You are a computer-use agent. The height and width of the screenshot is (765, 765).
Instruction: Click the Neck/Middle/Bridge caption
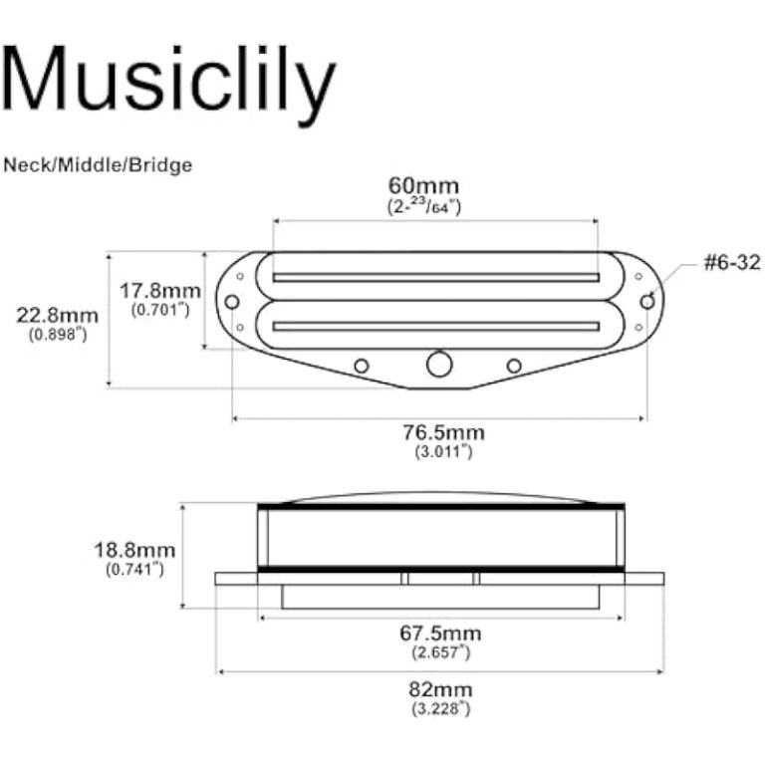pyautogui.click(x=97, y=165)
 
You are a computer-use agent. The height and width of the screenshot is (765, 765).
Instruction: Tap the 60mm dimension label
pyautogui.click(x=423, y=186)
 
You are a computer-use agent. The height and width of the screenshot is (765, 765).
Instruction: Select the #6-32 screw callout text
pyautogui.click(x=732, y=263)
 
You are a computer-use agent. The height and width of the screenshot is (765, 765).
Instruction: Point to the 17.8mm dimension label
pyautogui.click(x=160, y=291)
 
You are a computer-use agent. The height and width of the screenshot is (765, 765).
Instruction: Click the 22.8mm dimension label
pyautogui.click(x=57, y=316)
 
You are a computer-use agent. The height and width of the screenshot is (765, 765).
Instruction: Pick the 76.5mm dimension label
pyautogui.click(x=443, y=432)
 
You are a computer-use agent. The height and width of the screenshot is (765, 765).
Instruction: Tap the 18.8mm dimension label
pyautogui.click(x=134, y=550)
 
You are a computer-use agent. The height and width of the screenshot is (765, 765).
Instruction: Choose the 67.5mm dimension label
pyautogui.click(x=439, y=634)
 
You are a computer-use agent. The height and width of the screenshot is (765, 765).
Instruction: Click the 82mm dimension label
pyautogui.click(x=439, y=689)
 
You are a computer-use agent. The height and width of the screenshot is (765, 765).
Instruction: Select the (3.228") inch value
pyautogui.click(x=439, y=708)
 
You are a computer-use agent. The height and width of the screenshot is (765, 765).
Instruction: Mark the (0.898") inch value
pyautogui.click(x=57, y=335)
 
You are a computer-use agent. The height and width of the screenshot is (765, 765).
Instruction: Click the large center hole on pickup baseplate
pyautogui.click(x=439, y=365)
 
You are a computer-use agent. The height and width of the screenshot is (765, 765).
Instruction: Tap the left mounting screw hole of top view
pyautogui.click(x=232, y=302)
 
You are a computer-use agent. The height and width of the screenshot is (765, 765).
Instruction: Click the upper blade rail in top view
pyautogui.click(x=436, y=277)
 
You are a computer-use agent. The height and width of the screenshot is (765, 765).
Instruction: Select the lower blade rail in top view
pyautogui.click(x=436, y=325)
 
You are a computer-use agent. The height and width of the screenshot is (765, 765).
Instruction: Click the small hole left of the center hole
pyautogui.click(x=362, y=366)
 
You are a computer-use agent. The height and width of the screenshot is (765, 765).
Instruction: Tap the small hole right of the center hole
pyautogui.click(x=514, y=366)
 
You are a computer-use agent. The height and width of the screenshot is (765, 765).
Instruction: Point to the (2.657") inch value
pyautogui.click(x=439, y=652)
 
